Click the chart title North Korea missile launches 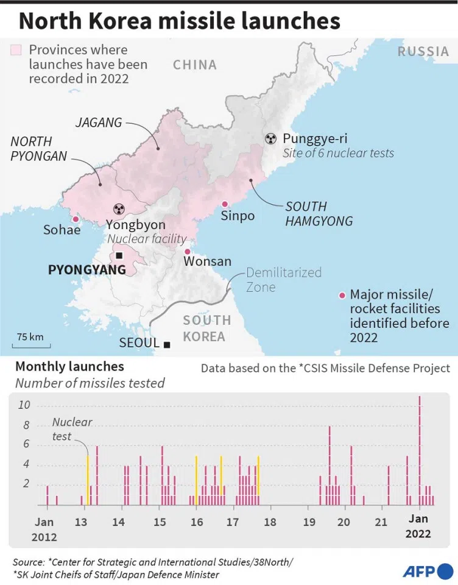pos(180,21)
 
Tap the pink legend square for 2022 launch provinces pos(16,50)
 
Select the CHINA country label pos(194,65)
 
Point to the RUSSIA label pos(423,52)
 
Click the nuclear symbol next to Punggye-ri pos(270,138)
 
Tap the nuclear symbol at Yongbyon pos(119,208)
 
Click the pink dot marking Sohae pos(76,219)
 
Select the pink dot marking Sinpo pos(225,204)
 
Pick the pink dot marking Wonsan pos(188,251)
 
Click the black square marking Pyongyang pos(119,256)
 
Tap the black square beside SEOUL pos(167,344)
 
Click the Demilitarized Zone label pos(283,280)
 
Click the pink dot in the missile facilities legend pos(342,296)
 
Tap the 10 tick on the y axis pos(25,405)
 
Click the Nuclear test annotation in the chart pos(72,429)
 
